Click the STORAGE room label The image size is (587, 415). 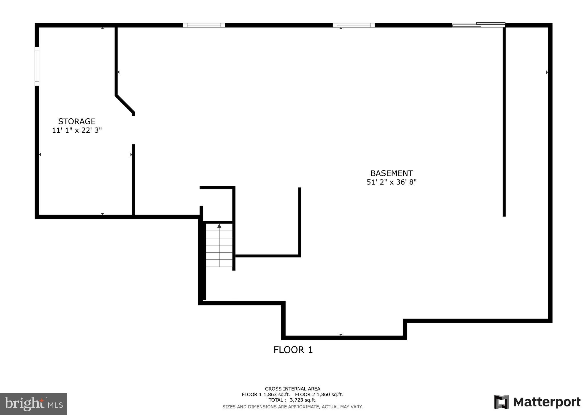pyautogui.click(x=77, y=121)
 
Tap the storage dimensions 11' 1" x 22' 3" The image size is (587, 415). pyautogui.click(x=77, y=130)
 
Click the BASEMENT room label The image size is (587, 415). pyautogui.click(x=392, y=173)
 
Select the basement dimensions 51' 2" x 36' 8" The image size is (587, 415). pyautogui.click(x=392, y=182)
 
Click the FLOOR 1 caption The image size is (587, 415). pyautogui.click(x=293, y=350)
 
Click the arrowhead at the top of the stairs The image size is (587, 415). pyautogui.click(x=219, y=226)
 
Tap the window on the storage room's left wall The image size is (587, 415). pyautogui.click(x=37, y=66)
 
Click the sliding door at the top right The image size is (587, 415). pyautogui.click(x=478, y=25)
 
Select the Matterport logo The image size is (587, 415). pyautogui.click(x=537, y=402)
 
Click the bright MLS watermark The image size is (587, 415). pyautogui.click(x=34, y=404)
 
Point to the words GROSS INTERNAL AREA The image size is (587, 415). pyautogui.click(x=292, y=389)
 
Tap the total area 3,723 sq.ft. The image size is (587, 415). pyautogui.click(x=303, y=400)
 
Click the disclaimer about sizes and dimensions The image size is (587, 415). pyautogui.click(x=292, y=407)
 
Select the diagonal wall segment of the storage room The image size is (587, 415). pyautogui.click(x=125, y=104)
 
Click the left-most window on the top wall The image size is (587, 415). pyautogui.click(x=204, y=25)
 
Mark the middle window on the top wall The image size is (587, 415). pyautogui.click(x=354, y=25)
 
